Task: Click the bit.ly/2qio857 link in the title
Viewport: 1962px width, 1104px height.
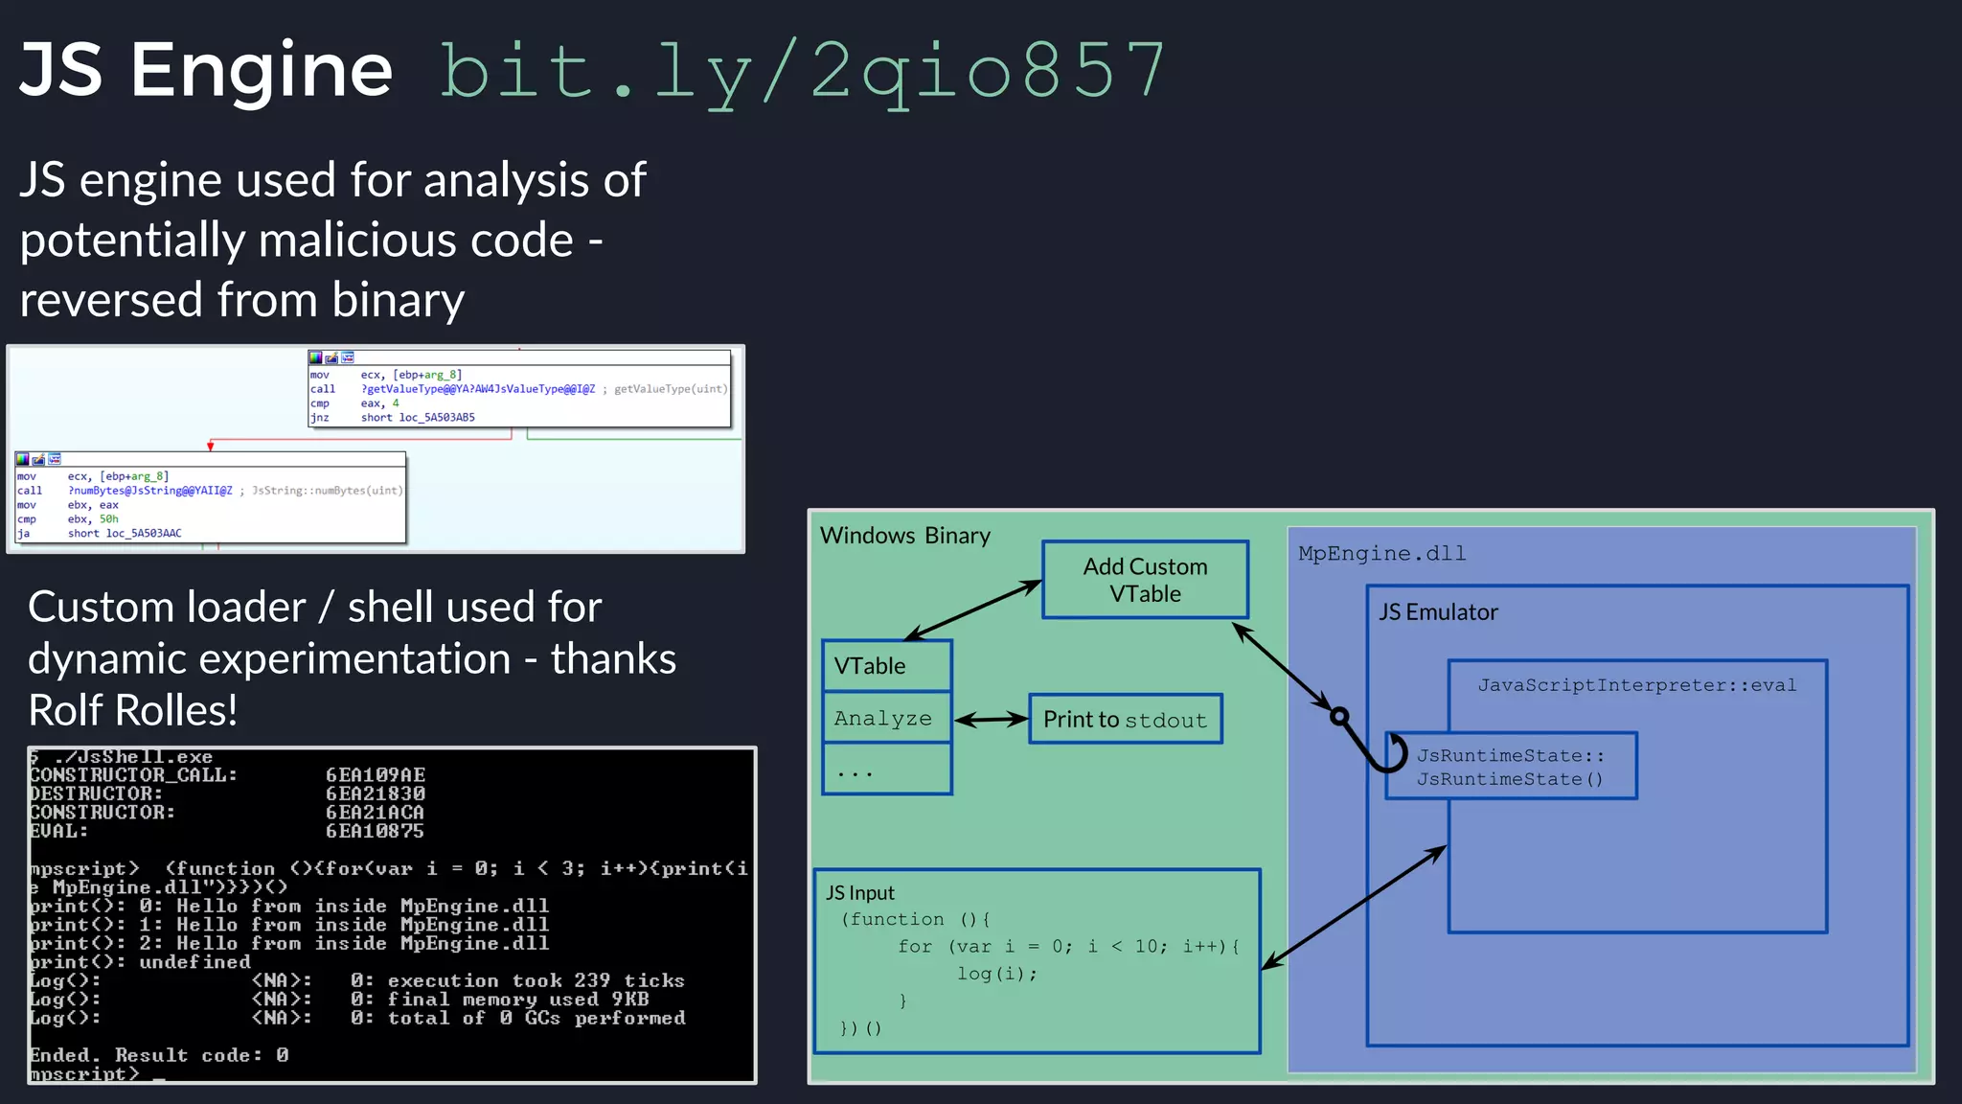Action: pyautogui.click(x=803, y=72)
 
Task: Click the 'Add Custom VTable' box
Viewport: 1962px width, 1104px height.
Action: pyautogui.click(x=1145, y=580)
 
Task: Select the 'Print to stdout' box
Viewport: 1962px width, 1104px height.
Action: pyautogui.click(x=1125, y=720)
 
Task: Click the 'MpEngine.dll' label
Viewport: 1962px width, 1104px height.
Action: pyautogui.click(x=1381, y=554)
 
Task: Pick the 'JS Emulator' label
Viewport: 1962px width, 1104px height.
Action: pyautogui.click(x=1437, y=612)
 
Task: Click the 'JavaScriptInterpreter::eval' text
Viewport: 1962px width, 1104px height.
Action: pyautogui.click(x=1636, y=685)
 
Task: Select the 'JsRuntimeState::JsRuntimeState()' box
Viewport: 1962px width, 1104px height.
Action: pyautogui.click(x=1511, y=767)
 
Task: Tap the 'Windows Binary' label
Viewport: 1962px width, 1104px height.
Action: pyautogui.click(x=904, y=536)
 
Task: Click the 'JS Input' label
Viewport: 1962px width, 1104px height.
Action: pyautogui.click(x=859, y=893)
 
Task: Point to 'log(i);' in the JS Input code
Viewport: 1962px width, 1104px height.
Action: pyautogui.click(x=996, y=974)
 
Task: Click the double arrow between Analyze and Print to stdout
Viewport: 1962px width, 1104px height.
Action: pyautogui.click(x=991, y=720)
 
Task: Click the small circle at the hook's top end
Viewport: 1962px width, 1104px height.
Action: pyautogui.click(x=1339, y=716)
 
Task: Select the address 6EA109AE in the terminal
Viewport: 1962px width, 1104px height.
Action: pyautogui.click(x=375, y=775)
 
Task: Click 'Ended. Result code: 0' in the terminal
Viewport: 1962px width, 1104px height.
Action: pyautogui.click(x=159, y=1055)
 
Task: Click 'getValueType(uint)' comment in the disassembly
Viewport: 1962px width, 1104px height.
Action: pyautogui.click(x=671, y=389)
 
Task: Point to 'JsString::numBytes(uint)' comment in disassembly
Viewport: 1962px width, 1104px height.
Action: pyautogui.click(x=327, y=491)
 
